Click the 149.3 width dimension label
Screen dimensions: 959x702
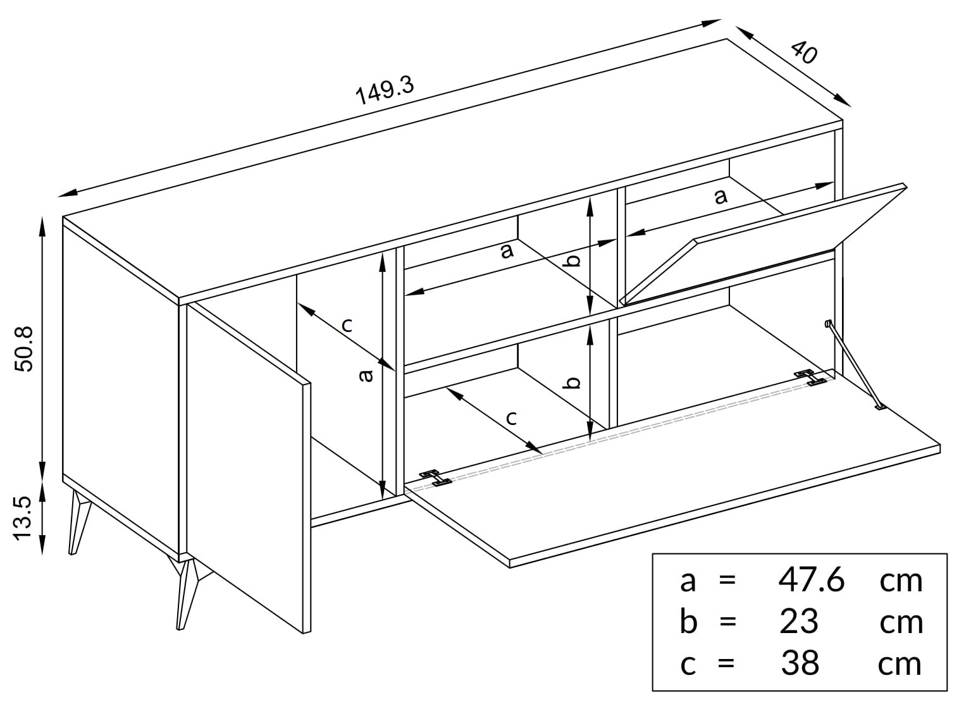coord(385,90)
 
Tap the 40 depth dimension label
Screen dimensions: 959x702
coord(803,52)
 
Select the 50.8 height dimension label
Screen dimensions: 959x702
coord(24,349)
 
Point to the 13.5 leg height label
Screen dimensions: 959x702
coord(23,518)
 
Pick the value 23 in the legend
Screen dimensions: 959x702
coord(799,622)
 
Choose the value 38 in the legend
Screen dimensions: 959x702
coord(800,663)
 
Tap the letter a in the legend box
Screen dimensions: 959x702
coord(688,582)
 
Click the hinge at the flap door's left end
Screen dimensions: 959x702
coord(436,478)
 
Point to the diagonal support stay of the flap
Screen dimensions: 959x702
coord(853,364)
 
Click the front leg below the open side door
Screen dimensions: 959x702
coord(187,592)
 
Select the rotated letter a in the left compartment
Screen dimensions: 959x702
coord(365,375)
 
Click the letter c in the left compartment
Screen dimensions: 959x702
coord(347,326)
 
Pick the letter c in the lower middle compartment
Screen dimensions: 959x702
coord(511,417)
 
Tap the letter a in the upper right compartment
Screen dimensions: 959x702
coord(721,197)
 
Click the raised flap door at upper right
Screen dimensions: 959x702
coord(764,244)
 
